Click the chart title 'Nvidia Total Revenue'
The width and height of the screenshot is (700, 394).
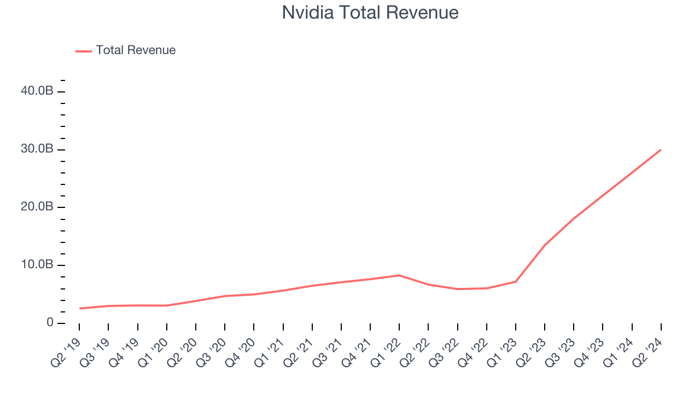coord(370,12)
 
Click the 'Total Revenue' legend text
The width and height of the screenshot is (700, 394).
coord(136,50)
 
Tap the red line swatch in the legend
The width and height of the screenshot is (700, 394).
coord(84,51)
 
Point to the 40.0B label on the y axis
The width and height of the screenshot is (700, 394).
coord(37,91)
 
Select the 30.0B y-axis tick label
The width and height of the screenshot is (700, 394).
coord(37,149)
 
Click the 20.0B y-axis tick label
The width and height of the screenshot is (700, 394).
coord(37,207)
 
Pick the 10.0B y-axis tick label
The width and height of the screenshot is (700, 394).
coord(37,265)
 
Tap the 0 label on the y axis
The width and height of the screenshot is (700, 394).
coord(50,323)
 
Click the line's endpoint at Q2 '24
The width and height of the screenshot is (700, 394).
coord(661,149)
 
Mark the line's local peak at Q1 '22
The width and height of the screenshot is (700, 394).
coord(399,275)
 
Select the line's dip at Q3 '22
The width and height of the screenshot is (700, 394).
coord(457,289)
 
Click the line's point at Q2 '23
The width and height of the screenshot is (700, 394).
coord(545,245)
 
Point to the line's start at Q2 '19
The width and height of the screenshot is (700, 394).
coord(80,309)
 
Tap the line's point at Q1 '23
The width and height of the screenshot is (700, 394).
coord(516,282)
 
